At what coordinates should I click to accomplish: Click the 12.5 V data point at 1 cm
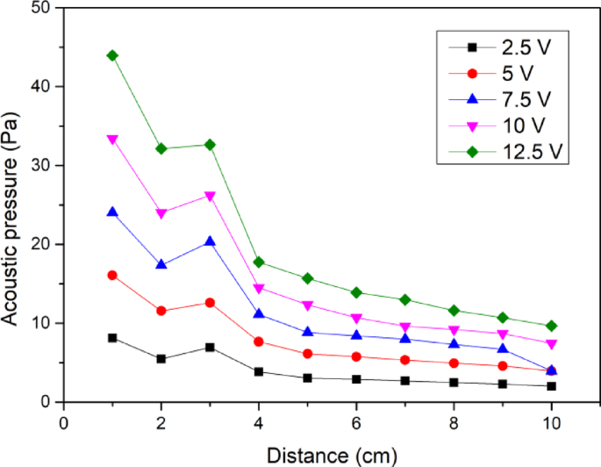pyautogui.click(x=112, y=55)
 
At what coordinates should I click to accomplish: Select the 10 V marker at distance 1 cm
pyautogui.click(x=112, y=139)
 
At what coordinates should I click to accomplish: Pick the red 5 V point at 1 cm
pyautogui.click(x=112, y=275)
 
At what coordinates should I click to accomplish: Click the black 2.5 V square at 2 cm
pyautogui.click(x=161, y=359)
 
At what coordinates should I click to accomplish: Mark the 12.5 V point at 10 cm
pyautogui.click(x=551, y=326)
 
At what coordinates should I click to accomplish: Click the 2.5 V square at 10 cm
pyautogui.click(x=551, y=386)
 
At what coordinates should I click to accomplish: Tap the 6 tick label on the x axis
pyautogui.click(x=356, y=422)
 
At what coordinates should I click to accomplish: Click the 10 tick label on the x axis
pyautogui.click(x=551, y=422)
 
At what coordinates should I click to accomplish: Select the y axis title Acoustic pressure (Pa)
pyautogui.click(x=12, y=205)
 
